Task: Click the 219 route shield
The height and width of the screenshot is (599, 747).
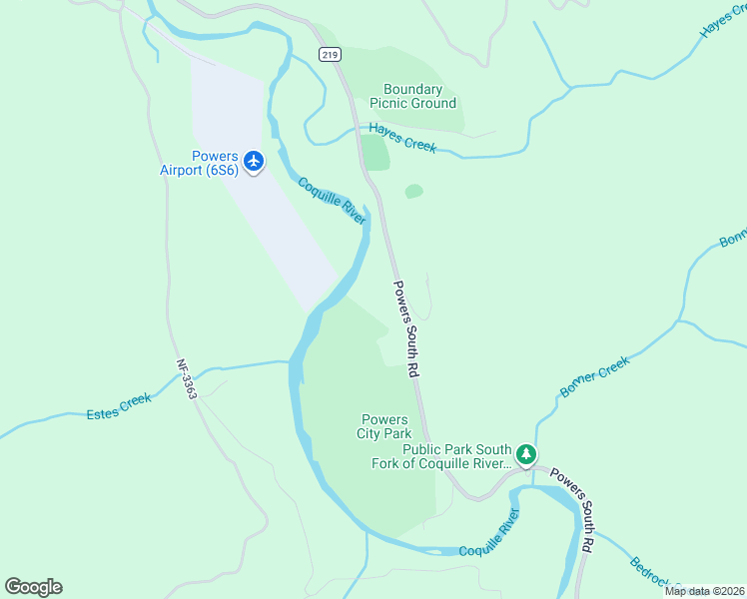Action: coord(331,55)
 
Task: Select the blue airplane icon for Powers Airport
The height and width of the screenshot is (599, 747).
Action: coord(254,160)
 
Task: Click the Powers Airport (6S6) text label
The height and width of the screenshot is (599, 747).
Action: coord(199,163)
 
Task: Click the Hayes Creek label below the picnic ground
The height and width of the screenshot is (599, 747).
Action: coord(402,137)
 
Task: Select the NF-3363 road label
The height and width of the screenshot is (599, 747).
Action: coord(187,379)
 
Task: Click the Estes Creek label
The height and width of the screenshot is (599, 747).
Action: coord(119,405)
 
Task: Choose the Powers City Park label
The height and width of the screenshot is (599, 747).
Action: coord(383,426)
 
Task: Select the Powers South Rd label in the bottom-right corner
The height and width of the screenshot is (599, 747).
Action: coord(573,511)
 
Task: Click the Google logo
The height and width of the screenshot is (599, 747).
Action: coord(33,586)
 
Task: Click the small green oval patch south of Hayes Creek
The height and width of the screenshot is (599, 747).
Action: coord(413,191)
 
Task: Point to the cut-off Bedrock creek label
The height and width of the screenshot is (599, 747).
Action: coord(654,575)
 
